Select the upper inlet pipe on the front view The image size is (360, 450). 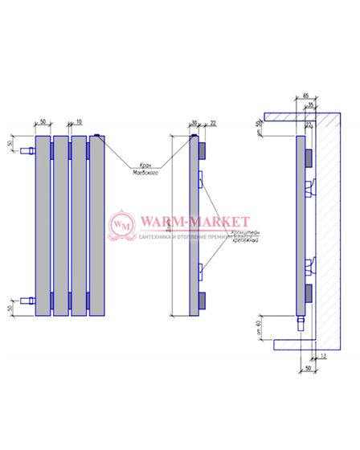click(x=27, y=149)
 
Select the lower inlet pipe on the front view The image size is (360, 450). click(x=27, y=301)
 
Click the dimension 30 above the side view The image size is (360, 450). click(x=194, y=122)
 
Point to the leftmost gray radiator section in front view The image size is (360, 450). click(x=43, y=225)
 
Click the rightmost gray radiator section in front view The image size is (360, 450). click(x=96, y=225)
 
